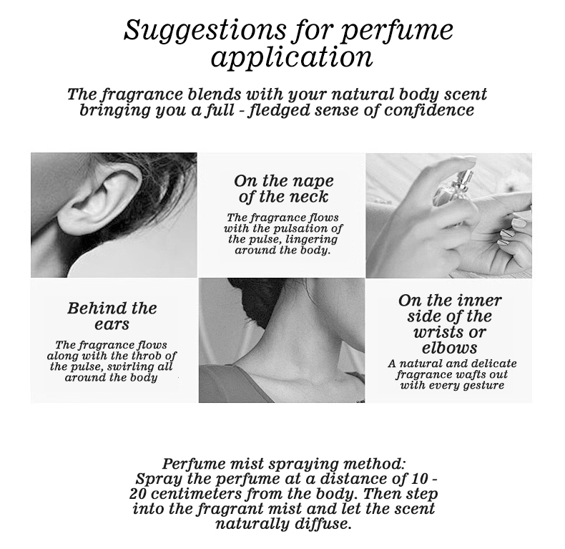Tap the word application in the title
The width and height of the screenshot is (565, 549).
coord(292,58)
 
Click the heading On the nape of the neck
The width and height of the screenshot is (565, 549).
coord(284,189)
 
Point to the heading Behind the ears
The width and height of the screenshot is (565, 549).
coord(112,316)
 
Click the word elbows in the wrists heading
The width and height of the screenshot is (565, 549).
coord(449,348)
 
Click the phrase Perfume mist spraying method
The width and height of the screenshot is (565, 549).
coord(284,464)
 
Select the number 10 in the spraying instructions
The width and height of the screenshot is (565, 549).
coord(418,479)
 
